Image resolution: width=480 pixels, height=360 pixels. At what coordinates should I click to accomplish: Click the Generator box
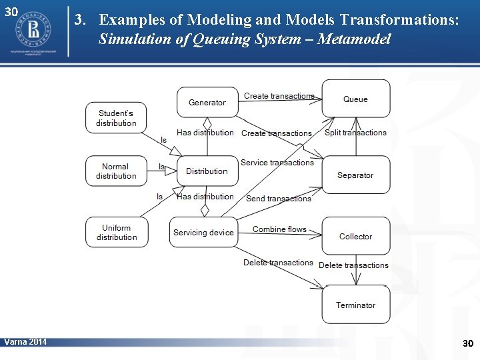[207, 102]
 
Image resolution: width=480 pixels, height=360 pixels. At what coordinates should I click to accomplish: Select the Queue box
[355, 99]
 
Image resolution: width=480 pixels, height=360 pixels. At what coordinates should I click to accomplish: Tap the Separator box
[355, 175]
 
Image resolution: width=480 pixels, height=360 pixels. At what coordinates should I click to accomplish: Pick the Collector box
[355, 236]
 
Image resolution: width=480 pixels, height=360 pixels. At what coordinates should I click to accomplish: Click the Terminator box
[355, 305]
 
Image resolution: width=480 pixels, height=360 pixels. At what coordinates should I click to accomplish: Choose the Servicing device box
[203, 232]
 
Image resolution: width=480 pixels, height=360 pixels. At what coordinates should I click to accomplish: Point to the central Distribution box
[207, 171]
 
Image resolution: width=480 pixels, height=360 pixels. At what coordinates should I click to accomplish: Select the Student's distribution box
[116, 118]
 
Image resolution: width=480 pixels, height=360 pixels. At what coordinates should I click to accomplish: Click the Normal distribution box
[116, 171]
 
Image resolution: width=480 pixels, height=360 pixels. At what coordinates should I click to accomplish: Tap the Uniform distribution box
[117, 232]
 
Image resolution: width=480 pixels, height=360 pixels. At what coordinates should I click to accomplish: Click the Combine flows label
[279, 229]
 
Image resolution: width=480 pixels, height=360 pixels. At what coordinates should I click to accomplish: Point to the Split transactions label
[355, 133]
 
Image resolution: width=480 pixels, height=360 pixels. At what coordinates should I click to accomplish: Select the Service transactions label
[277, 163]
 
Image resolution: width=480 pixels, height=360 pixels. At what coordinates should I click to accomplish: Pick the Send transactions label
[278, 199]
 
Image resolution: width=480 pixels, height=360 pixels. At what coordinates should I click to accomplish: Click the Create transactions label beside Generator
[279, 96]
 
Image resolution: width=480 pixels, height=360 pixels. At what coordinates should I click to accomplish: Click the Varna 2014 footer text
[25, 342]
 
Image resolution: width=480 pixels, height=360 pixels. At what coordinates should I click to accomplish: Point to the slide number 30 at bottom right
[467, 343]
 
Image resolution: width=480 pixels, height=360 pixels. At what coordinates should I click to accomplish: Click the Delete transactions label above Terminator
[353, 265]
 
